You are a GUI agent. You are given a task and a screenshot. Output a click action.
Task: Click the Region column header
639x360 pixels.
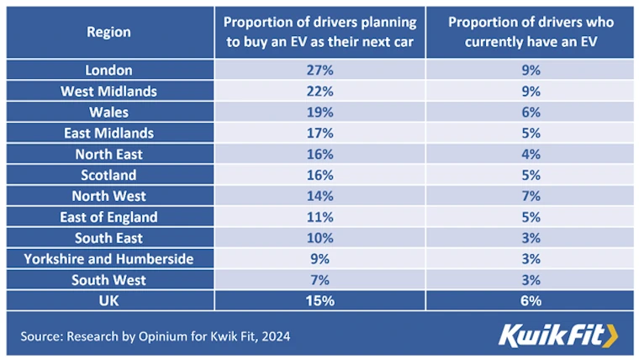coord(108,33)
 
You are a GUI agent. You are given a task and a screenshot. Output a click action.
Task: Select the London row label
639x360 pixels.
coord(108,71)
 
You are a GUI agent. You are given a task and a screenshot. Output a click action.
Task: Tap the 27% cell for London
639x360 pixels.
coord(319,71)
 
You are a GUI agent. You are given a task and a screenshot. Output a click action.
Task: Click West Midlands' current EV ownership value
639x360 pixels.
coord(530,91)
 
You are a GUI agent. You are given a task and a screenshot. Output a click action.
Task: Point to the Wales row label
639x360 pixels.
coord(108,112)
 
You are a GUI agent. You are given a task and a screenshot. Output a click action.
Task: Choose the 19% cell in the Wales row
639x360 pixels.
coord(319,112)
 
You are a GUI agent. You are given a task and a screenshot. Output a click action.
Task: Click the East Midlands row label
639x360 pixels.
coord(108,133)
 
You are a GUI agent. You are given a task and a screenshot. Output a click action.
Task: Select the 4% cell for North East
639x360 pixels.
coord(530,154)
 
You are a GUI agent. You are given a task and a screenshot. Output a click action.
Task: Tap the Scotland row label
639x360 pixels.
coord(108,175)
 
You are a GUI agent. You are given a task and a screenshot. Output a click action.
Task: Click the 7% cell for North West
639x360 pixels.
coord(530,196)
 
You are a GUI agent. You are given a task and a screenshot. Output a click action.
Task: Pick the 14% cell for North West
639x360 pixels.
coord(319,196)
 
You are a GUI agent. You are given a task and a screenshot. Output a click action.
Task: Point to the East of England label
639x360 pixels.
coord(108,217)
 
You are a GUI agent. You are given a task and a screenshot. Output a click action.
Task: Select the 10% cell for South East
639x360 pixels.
coord(319,238)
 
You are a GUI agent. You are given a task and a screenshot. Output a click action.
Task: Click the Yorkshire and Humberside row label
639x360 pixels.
coord(108,259)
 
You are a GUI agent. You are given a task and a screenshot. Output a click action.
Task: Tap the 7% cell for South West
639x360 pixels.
coord(319,280)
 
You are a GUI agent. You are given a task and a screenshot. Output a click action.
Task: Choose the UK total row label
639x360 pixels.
coord(108,300)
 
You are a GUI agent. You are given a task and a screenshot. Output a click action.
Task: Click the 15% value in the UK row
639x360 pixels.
coord(319,300)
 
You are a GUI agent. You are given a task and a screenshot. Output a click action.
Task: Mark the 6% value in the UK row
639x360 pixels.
coord(530,300)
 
